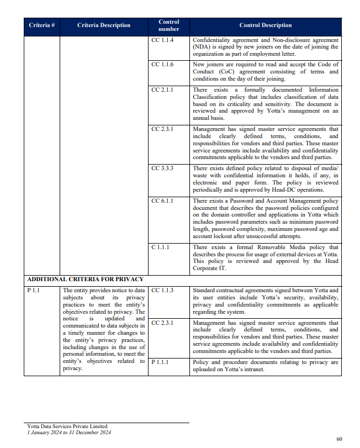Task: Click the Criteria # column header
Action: pyautogui.click(x=41, y=25)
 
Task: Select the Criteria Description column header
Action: pyautogui.click(x=104, y=25)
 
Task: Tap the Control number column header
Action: pyautogui.click(x=168, y=25)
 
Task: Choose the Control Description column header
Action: pyautogui.click(x=266, y=25)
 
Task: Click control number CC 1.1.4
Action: pyautogui.click(x=162, y=41)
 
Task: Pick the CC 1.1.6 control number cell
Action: pyautogui.click(x=162, y=65)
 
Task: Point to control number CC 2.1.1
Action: pyautogui.click(x=162, y=89)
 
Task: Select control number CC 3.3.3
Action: pyautogui.click(x=162, y=168)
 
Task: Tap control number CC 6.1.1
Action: pyautogui.click(x=162, y=201)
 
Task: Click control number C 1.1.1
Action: pyautogui.click(x=161, y=247)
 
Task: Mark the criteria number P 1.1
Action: pyautogui.click(x=34, y=289)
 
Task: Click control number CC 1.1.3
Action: pyautogui.click(x=162, y=289)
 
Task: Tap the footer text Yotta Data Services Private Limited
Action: pyautogui.click(x=67, y=426)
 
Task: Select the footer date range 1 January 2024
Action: pyautogui.click(x=47, y=432)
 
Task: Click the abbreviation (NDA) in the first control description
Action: pyautogui.click(x=203, y=48)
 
